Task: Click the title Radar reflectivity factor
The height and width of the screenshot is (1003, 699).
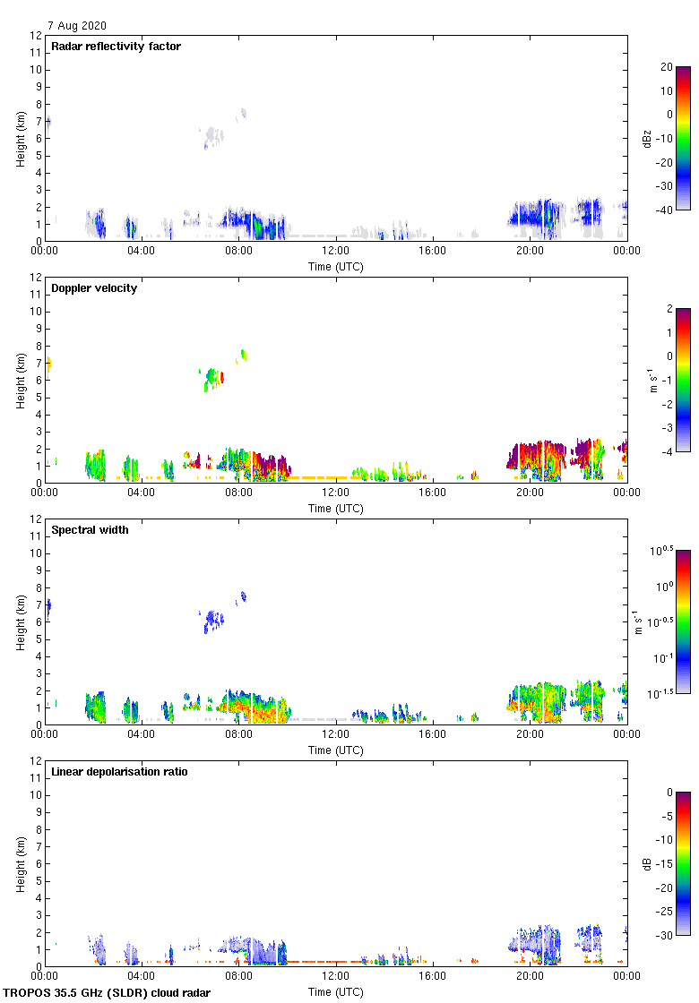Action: (x=116, y=47)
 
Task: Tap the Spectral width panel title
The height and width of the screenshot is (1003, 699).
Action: (x=90, y=530)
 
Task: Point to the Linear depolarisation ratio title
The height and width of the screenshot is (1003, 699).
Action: (x=119, y=772)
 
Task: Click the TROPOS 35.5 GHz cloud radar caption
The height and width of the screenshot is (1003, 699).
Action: (x=107, y=993)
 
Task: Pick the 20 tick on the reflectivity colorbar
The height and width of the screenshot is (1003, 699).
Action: (x=667, y=67)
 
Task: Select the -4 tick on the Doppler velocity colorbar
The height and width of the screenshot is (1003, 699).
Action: (x=667, y=452)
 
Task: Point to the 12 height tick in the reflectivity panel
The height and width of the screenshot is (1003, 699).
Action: (x=37, y=36)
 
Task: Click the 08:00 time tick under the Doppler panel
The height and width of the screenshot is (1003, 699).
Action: (x=239, y=492)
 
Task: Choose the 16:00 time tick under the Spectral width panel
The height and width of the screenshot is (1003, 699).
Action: (x=433, y=733)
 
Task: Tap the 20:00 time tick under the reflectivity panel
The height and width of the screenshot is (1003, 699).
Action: (x=530, y=250)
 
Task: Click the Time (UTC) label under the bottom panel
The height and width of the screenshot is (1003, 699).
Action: (x=336, y=992)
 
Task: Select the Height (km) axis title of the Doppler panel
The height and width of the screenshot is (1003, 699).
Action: (x=20, y=380)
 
